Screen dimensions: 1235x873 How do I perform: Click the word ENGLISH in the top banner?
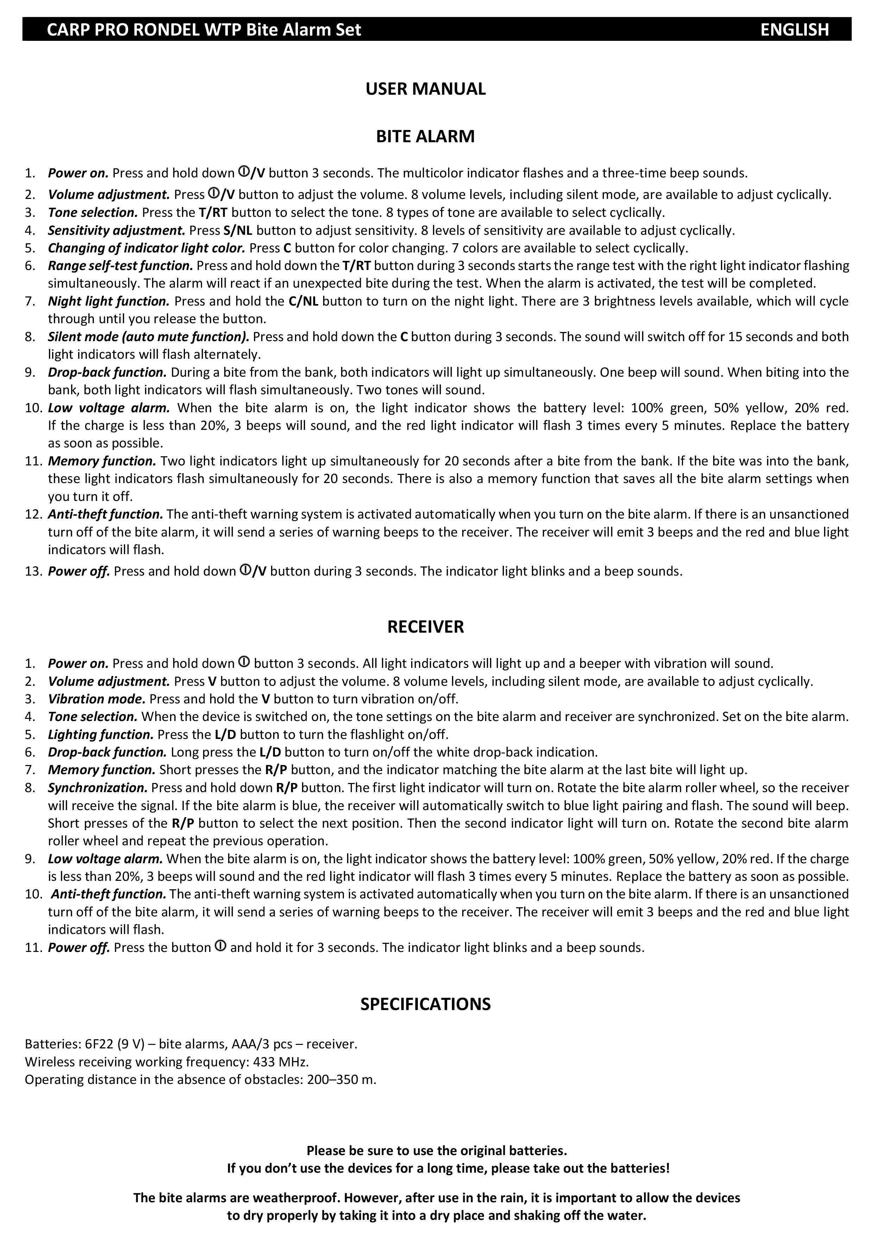click(x=794, y=29)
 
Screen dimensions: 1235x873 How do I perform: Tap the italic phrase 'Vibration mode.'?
click(x=97, y=699)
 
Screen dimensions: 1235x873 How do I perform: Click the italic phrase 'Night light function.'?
click(x=109, y=301)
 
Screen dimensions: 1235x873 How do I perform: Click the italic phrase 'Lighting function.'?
click(x=101, y=734)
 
